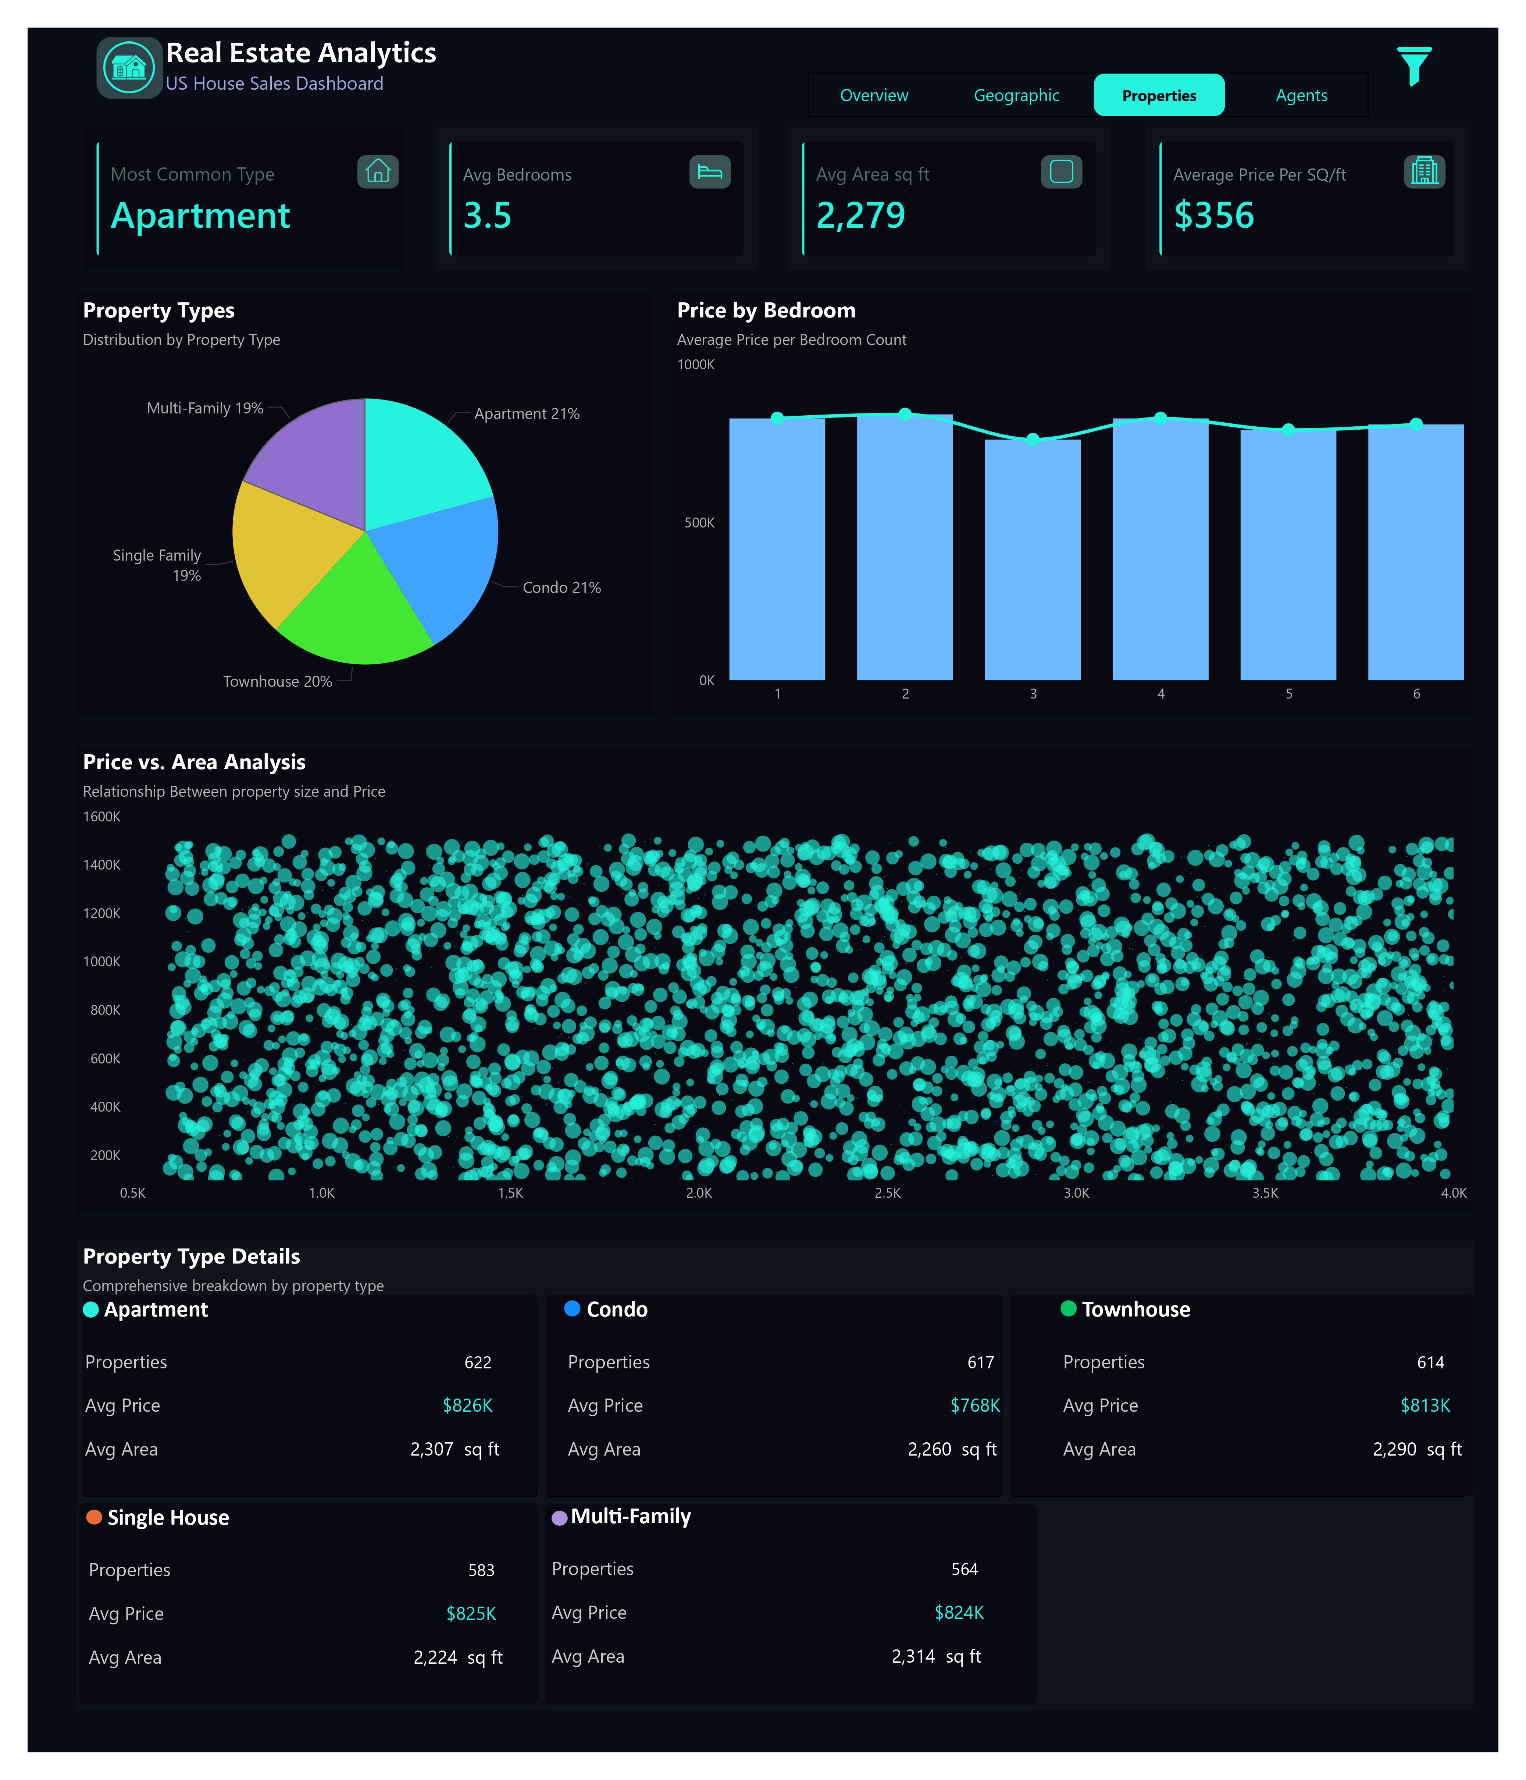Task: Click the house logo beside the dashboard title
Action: tap(129, 67)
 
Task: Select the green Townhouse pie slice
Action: tap(352, 610)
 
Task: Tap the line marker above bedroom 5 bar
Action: tap(1288, 430)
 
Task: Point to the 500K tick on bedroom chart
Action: tap(699, 522)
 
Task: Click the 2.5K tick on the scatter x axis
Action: tap(887, 1193)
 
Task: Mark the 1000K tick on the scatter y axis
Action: tap(102, 961)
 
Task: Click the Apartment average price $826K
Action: tap(467, 1406)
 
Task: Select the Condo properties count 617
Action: tap(980, 1362)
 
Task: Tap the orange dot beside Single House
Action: tap(95, 1517)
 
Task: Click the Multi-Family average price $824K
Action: tap(958, 1613)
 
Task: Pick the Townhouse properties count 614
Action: tap(1430, 1362)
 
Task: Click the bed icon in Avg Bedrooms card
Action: tap(709, 172)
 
